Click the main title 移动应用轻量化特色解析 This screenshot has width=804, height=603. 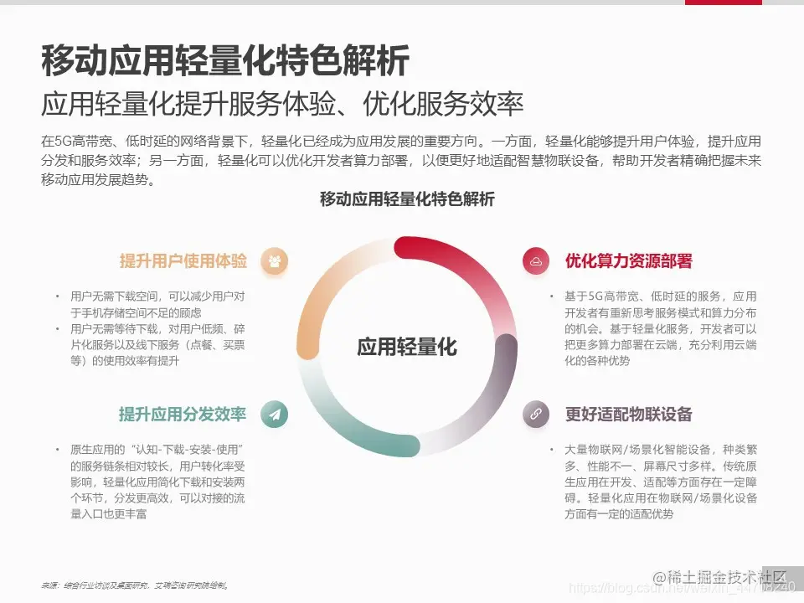225,61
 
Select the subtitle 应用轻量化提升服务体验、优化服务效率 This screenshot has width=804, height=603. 282,104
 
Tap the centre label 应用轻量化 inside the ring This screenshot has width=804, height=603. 407,347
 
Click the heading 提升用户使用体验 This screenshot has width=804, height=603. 183,261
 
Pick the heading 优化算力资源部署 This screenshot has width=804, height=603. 629,261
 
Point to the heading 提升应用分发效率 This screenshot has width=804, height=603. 183,415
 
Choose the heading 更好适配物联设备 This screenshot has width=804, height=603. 629,415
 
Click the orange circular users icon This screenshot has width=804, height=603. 274,261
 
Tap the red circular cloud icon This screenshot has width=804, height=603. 535,261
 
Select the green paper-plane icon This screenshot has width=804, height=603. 274,414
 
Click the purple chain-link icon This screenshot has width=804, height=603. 535,414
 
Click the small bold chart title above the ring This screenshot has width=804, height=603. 407,199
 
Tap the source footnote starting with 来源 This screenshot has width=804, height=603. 135,585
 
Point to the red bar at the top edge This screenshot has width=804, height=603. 724,3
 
